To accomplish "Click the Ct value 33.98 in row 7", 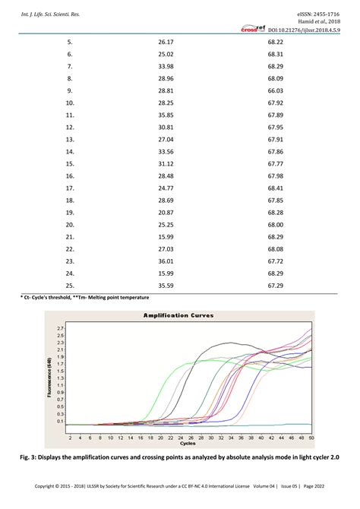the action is coord(166,66).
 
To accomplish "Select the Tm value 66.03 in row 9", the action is coord(276,90).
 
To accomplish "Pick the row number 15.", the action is coord(70,163).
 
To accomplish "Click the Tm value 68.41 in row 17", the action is coord(276,188).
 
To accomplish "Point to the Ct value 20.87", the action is coord(166,212).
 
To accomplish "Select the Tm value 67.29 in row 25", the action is coord(276,285).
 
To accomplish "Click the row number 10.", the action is coord(70,103).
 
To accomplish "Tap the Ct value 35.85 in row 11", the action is coord(166,115).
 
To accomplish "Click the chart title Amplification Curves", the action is coord(179,315).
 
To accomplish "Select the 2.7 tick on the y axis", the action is coord(61,327).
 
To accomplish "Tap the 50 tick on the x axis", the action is coord(311,437).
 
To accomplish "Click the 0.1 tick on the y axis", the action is coord(61,422).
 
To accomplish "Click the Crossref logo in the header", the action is coord(253,30).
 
